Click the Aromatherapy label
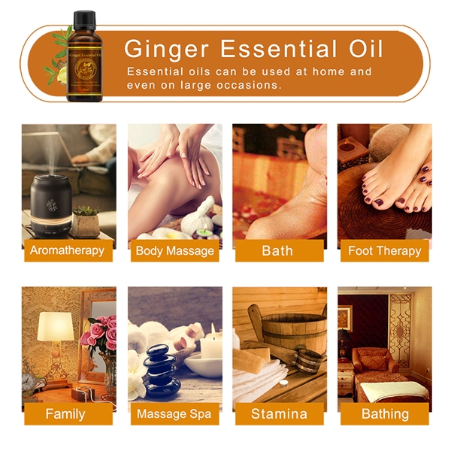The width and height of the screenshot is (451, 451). (x=68, y=250)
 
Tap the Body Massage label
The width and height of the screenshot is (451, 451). (x=174, y=250)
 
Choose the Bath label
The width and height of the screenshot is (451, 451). (x=277, y=250)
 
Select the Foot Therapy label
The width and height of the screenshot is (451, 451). (x=383, y=250)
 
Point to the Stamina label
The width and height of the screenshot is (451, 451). (x=279, y=413)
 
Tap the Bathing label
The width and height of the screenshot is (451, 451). (x=385, y=413)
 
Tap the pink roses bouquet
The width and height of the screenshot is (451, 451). (x=99, y=332)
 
